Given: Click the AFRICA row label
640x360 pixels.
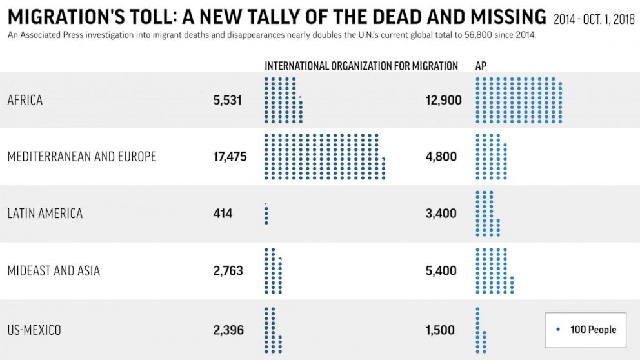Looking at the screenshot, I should tap(25, 100).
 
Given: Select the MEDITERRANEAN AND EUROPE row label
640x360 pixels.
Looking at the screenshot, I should tap(82, 157).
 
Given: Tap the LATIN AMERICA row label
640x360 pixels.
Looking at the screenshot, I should tap(45, 214).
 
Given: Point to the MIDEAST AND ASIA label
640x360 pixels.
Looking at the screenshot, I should tap(54, 271).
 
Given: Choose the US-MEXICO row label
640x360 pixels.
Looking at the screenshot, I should tap(34, 330).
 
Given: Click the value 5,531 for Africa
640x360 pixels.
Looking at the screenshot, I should tap(227, 100).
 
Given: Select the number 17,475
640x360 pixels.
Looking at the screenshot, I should tap(230, 157).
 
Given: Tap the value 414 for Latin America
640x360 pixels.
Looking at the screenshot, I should tap(223, 214).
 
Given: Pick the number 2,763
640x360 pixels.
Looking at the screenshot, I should tap(228, 271).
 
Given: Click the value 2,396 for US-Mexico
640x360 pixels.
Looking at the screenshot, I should tap(228, 330).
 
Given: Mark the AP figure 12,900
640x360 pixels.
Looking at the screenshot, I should tap(444, 100).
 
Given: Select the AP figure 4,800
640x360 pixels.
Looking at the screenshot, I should tap(441, 157).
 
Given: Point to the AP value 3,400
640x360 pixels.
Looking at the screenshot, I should tap(441, 214).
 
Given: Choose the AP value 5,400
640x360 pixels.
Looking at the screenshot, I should tap(441, 271).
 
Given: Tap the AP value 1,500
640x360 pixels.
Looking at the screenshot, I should tap(440, 330).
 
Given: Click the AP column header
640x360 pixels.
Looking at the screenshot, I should tap(481, 66).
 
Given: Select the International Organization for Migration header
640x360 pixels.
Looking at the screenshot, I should tap(361, 66).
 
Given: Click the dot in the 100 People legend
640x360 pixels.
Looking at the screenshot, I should tap(557, 330).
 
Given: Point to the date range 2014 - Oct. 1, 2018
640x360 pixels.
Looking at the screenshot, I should tap(594, 19).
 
